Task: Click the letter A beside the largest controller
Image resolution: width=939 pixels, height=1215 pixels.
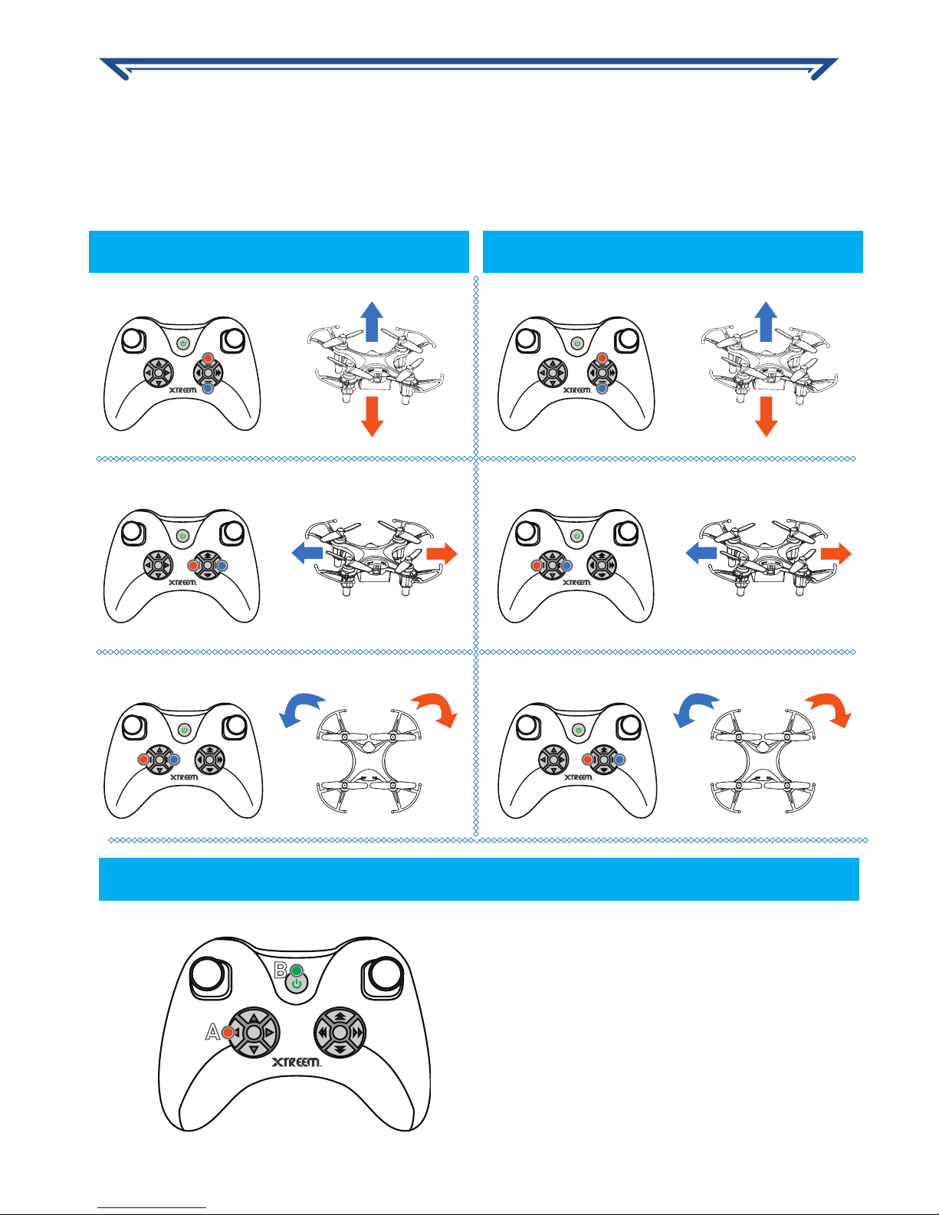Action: click(212, 1032)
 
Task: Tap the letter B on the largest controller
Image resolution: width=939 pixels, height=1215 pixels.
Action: click(281, 970)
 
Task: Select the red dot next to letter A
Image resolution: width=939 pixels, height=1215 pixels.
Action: click(228, 1032)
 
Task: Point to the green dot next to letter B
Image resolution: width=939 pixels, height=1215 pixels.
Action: click(297, 970)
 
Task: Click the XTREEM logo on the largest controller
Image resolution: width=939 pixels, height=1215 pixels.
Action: click(296, 1062)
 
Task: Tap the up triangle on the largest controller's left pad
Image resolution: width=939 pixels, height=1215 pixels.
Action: click(254, 1016)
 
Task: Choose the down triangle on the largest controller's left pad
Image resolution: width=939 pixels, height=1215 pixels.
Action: click(254, 1050)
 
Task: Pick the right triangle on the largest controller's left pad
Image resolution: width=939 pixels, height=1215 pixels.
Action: click(271, 1033)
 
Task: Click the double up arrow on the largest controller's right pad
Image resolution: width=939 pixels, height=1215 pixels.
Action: click(340, 1016)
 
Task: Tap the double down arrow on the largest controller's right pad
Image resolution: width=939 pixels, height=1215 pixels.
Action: click(340, 1049)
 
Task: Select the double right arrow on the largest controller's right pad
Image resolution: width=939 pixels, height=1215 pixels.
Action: click(358, 1033)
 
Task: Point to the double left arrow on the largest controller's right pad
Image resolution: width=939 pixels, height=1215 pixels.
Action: click(323, 1033)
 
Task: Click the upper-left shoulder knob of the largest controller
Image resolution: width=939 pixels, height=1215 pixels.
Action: click(208, 974)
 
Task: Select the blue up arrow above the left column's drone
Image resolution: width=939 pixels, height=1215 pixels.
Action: click(372, 321)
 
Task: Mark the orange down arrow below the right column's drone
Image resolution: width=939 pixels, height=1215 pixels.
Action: click(767, 416)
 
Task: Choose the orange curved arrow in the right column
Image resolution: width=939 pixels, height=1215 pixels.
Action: click(831, 708)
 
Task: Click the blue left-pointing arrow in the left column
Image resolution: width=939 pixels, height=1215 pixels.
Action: click(307, 553)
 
